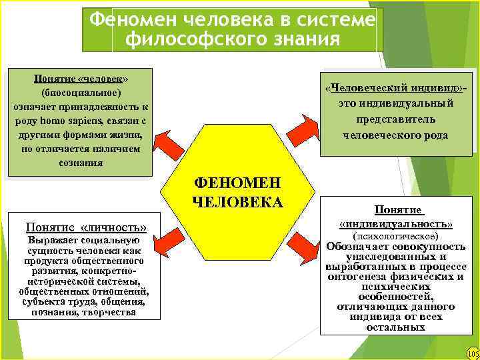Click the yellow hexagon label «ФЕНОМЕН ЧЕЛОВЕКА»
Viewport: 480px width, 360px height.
[237, 192]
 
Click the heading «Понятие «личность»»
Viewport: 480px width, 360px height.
[85, 226]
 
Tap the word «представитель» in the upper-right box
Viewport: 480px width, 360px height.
[396, 119]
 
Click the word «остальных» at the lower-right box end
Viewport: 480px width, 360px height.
[396, 327]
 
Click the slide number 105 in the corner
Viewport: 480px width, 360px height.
[473, 353]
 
